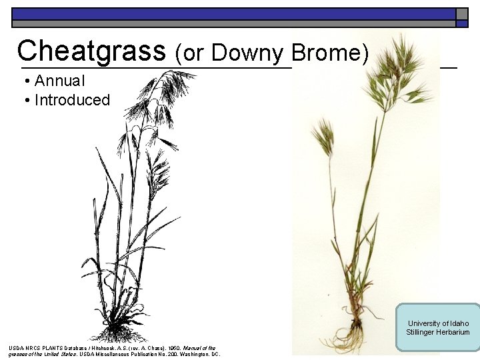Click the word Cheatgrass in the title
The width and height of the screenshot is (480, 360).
[x=91, y=51]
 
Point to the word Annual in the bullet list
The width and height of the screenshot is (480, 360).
[x=60, y=81]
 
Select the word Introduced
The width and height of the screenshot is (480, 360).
[x=72, y=101]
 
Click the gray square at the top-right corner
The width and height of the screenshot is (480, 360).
[x=461, y=14]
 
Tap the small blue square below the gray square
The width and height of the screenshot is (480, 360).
[x=461, y=24]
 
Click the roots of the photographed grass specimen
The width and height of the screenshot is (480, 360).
[x=351, y=329]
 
